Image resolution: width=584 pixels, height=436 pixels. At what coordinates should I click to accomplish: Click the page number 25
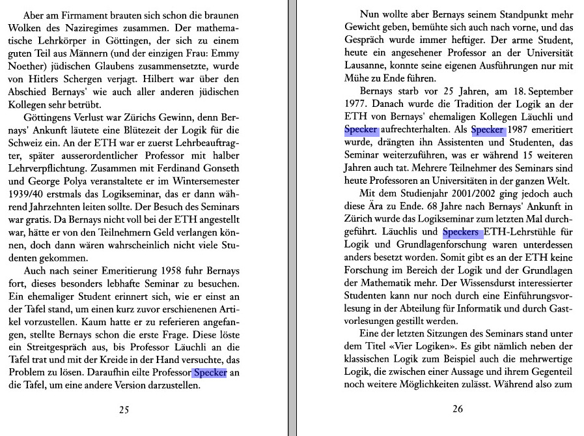tap(124, 410)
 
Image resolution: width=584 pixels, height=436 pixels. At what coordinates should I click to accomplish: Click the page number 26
tap(457, 409)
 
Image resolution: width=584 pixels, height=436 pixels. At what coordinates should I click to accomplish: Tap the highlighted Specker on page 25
tap(209, 373)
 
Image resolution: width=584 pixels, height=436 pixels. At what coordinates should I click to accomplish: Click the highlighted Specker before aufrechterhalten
tap(361, 130)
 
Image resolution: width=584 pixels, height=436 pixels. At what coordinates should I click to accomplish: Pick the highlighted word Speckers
tap(462, 231)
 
